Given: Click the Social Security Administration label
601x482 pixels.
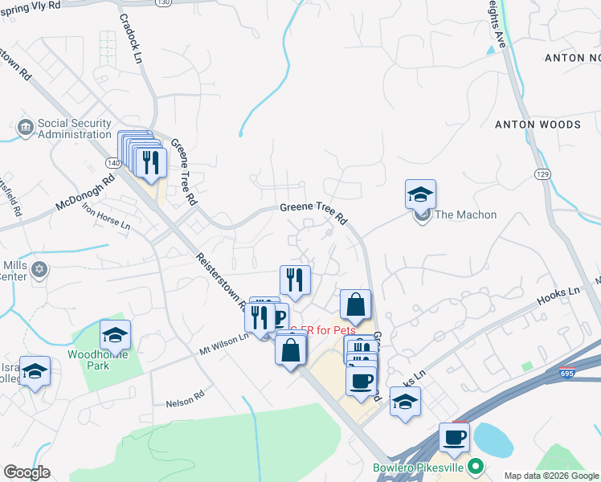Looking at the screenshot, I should pyautogui.click(x=74, y=129).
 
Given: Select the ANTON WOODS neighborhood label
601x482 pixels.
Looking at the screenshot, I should pyautogui.click(x=538, y=125).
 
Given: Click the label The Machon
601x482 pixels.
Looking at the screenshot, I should pyautogui.click(x=465, y=214).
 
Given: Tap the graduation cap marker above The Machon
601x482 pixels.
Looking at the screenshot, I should pyautogui.click(x=420, y=195).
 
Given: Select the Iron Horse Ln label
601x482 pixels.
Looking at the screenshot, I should pyautogui.click(x=106, y=216).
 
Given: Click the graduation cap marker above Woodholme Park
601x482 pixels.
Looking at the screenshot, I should pyautogui.click(x=115, y=336).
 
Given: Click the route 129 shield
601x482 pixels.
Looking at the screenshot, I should pyautogui.click(x=543, y=174).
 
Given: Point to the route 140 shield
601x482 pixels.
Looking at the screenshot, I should pyautogui.click(x=112, y=162).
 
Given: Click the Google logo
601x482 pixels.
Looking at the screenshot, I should pyautogui.click(x=27, y=472).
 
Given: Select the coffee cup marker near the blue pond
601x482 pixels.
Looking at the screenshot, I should pyautogui.click(x=454, y=438).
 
